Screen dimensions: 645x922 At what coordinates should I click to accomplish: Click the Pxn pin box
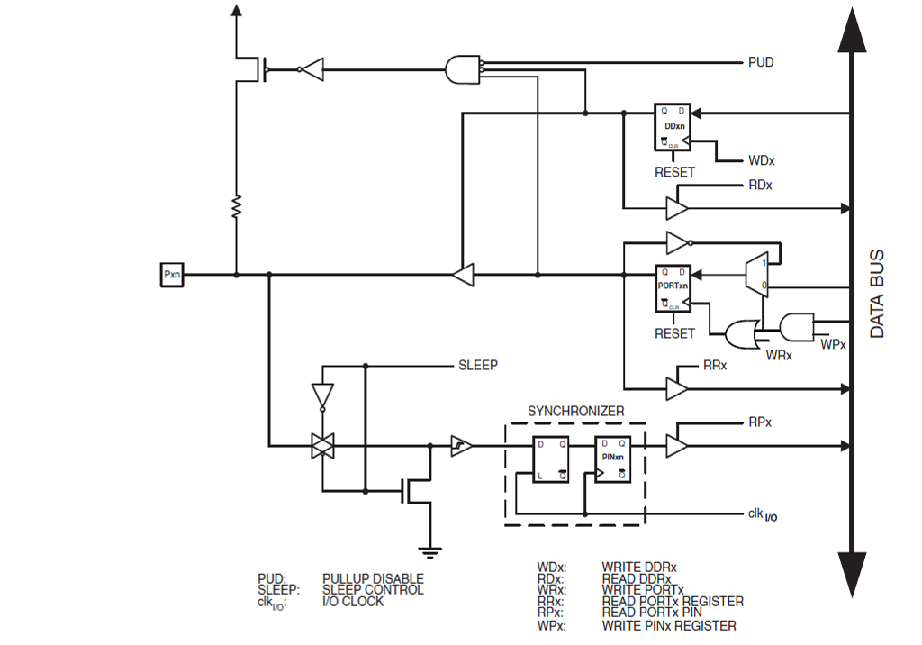[x=171, y=274]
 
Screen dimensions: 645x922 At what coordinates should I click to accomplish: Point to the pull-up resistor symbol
[x=236, y=207]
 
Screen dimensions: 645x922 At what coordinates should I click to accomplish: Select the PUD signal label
[x=761, y=63]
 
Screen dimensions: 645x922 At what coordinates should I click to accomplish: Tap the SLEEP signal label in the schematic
[x=478, y=366]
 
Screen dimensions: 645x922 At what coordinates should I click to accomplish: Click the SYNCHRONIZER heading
[x=575, y=411]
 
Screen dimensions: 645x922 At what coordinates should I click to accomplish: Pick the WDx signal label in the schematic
[x=762, y=161]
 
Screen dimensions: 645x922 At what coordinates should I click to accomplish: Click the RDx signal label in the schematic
[x=760, y=186]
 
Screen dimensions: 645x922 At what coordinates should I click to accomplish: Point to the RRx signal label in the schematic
[x=714, y=367]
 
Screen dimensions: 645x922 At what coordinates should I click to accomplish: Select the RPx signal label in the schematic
[x=760, y=422]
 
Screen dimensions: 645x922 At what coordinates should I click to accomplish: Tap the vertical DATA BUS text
[x=877, y=294]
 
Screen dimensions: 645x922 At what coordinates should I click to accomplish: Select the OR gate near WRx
[x=742, y=334]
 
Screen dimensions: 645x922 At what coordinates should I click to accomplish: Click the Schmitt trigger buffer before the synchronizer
[x=461, y=445]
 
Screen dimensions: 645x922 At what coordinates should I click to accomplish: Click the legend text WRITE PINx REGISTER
[x=669, y=625]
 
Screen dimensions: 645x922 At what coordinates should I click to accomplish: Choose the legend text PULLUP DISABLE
[x=373, y=578]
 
